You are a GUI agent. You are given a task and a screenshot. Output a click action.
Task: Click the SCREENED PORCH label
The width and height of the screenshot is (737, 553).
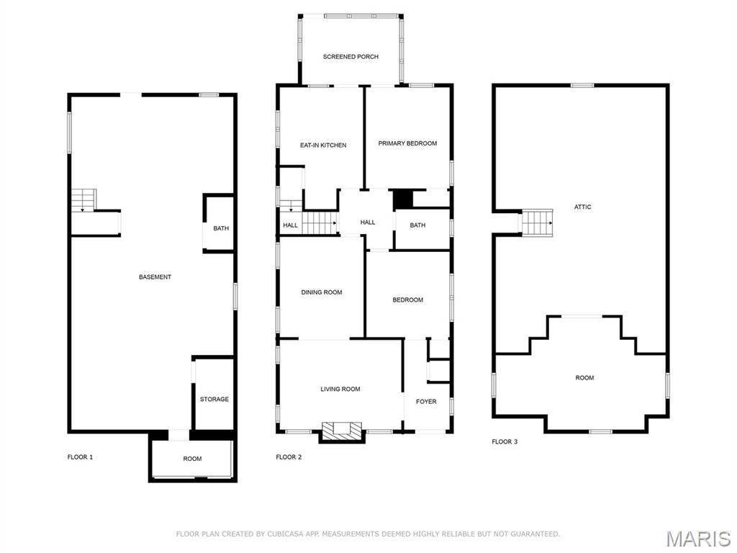[351, 57]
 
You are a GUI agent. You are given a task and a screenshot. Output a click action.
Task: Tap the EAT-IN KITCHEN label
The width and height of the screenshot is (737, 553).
[323, 145]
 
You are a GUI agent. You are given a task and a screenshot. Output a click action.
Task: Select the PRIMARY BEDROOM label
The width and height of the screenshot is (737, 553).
[407, 143]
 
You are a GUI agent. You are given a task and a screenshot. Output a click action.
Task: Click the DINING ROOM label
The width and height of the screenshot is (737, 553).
[321, 292]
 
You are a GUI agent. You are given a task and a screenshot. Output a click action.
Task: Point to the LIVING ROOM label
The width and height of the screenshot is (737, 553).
[340, 390]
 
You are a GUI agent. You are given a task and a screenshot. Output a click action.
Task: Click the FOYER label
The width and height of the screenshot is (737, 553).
[426, 402]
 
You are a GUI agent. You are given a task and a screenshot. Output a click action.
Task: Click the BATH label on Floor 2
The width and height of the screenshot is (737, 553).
[417, 225]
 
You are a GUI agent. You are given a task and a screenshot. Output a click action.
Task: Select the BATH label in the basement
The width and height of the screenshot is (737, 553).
[221, 229]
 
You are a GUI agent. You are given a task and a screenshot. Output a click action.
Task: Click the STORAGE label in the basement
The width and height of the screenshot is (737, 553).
[214, 399]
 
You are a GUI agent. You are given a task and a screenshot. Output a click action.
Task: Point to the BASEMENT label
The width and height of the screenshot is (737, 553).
[155, 277]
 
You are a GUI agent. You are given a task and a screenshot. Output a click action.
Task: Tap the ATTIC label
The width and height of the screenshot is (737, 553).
[583, 207]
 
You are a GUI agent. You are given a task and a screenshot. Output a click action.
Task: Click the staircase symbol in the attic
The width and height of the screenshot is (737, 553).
[537, 222]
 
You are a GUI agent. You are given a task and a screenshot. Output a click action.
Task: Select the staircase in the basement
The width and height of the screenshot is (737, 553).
[83, 199]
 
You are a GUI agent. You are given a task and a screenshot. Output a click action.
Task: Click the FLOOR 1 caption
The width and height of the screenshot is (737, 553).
[80, 457]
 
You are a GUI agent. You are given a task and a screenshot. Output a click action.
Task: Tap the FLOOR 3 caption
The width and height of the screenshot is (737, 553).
[505, 442]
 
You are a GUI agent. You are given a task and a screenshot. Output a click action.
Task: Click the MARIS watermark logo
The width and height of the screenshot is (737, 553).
[698, 539]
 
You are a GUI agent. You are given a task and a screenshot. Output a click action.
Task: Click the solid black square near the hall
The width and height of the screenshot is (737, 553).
[402, 199]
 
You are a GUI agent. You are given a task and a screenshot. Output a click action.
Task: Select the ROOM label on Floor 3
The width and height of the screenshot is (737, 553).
[584, 378]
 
